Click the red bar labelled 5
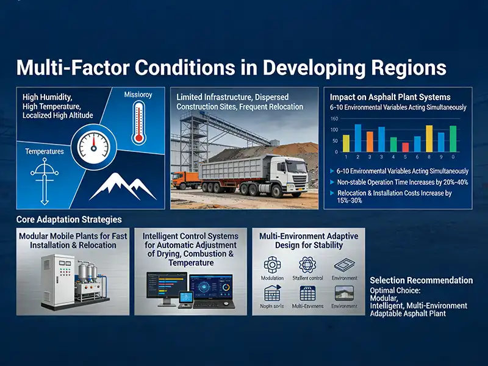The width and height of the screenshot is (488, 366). point(405,147)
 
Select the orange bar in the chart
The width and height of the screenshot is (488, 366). point(370,142)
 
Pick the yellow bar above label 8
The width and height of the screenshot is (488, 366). point(429,138)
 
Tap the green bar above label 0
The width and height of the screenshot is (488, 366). point(453,138)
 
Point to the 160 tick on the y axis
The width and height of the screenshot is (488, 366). point(334,119)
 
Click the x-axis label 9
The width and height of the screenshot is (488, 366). point(441,157)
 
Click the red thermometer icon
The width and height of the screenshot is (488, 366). point(138,123)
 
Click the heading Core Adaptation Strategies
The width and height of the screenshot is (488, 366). point(69,219)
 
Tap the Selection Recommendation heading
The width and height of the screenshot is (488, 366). point(421,281)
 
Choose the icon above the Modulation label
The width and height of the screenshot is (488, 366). point(271,264)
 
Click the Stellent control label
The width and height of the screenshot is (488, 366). point(308,278)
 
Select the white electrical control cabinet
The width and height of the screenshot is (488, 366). point(57,280)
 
